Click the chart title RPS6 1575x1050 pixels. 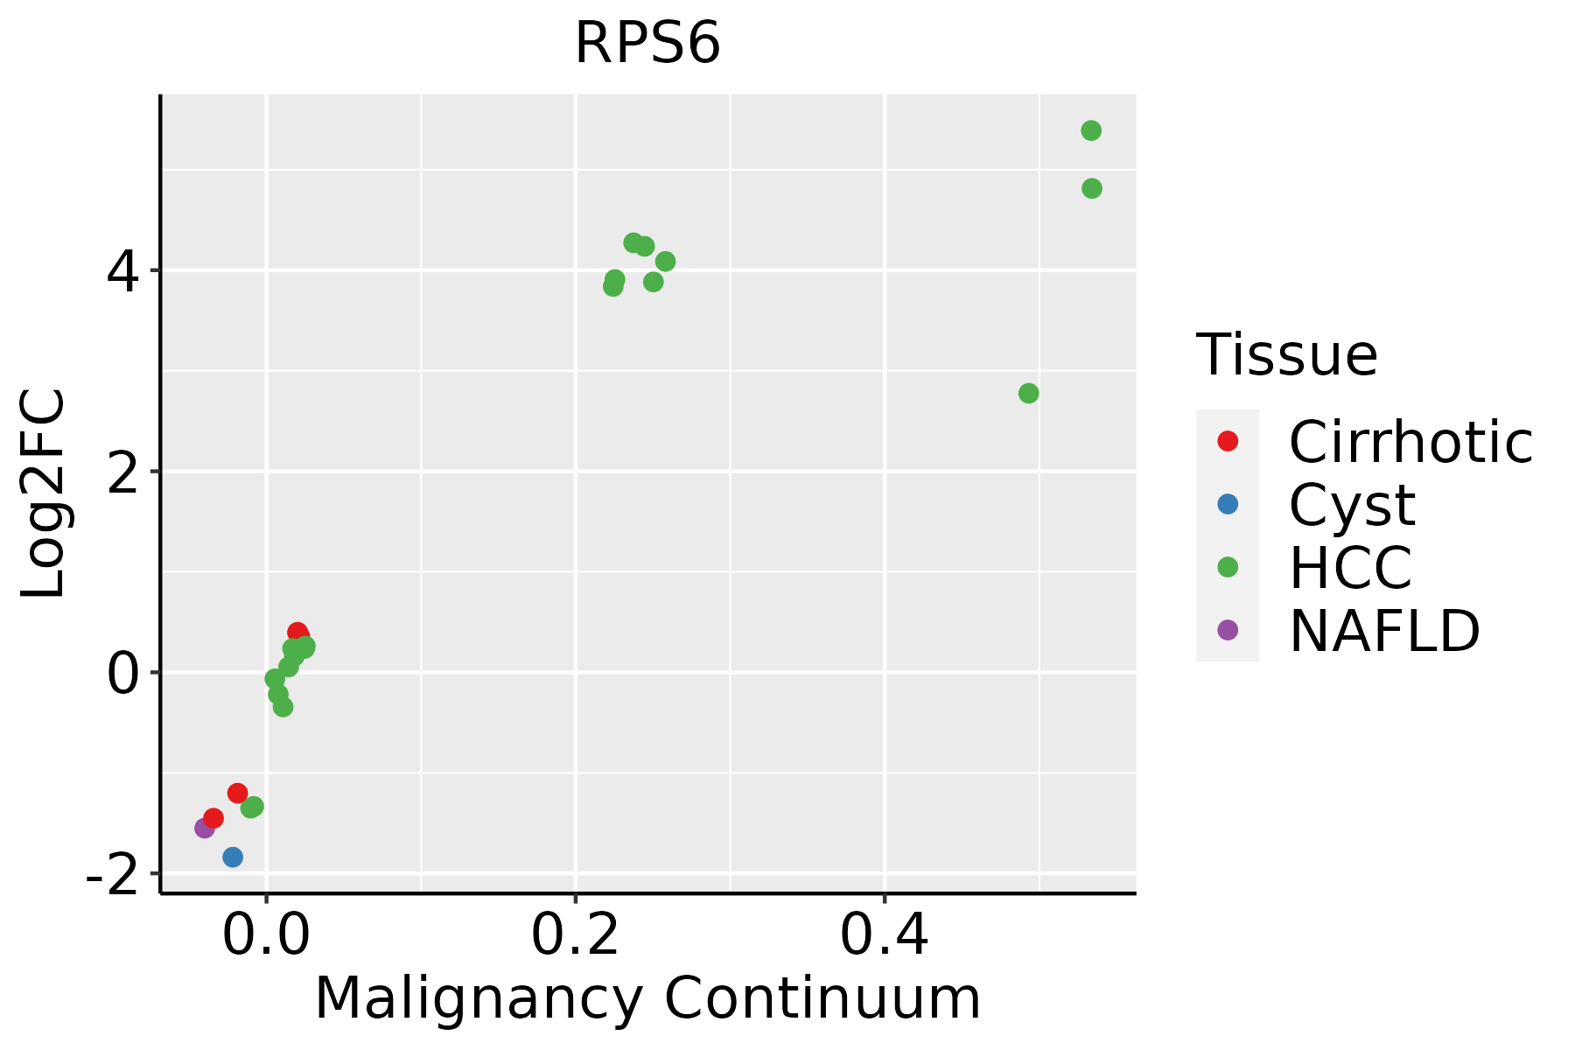coord(647,44)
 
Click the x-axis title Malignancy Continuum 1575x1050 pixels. coord(647,998)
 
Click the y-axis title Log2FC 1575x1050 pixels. coord(44,494)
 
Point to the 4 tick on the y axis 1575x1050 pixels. coord(122,271)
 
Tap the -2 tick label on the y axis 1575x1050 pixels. coord(112,874)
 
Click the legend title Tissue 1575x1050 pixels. coord(1287,355)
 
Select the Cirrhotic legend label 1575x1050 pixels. coord(1410,443)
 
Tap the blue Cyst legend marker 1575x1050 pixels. coord(1228,504)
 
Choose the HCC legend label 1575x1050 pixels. coord(1350,568)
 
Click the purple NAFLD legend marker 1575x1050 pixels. coord(1228,629)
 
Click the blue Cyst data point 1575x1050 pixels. coord(233,857)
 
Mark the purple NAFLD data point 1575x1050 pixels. coord(205,828)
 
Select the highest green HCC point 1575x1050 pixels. coord(1091,131)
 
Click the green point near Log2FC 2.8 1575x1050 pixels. coord(1029,394)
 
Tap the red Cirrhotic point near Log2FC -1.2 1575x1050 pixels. coord(237,793)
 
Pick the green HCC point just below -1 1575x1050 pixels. coord(253,807)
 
